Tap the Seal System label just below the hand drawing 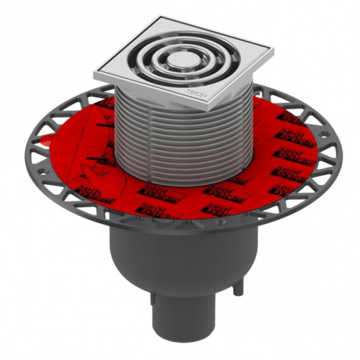(x=101, y=189)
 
